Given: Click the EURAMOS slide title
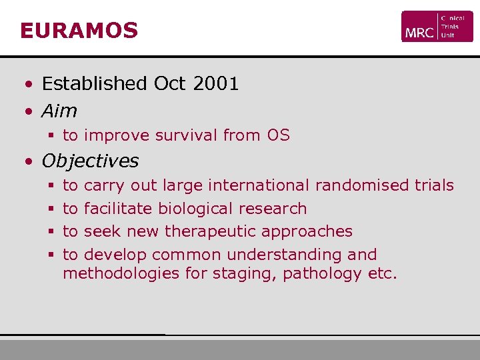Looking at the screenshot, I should coord(79,31).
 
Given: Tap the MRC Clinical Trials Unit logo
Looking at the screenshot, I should coord(437,27).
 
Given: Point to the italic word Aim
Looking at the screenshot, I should coord(59,111).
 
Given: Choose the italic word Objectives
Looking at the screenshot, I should coord(90,161).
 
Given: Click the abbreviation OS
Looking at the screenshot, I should coord(278,135).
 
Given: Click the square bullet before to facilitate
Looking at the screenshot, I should coord(51,209).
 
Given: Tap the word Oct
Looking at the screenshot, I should coord(169,83).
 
